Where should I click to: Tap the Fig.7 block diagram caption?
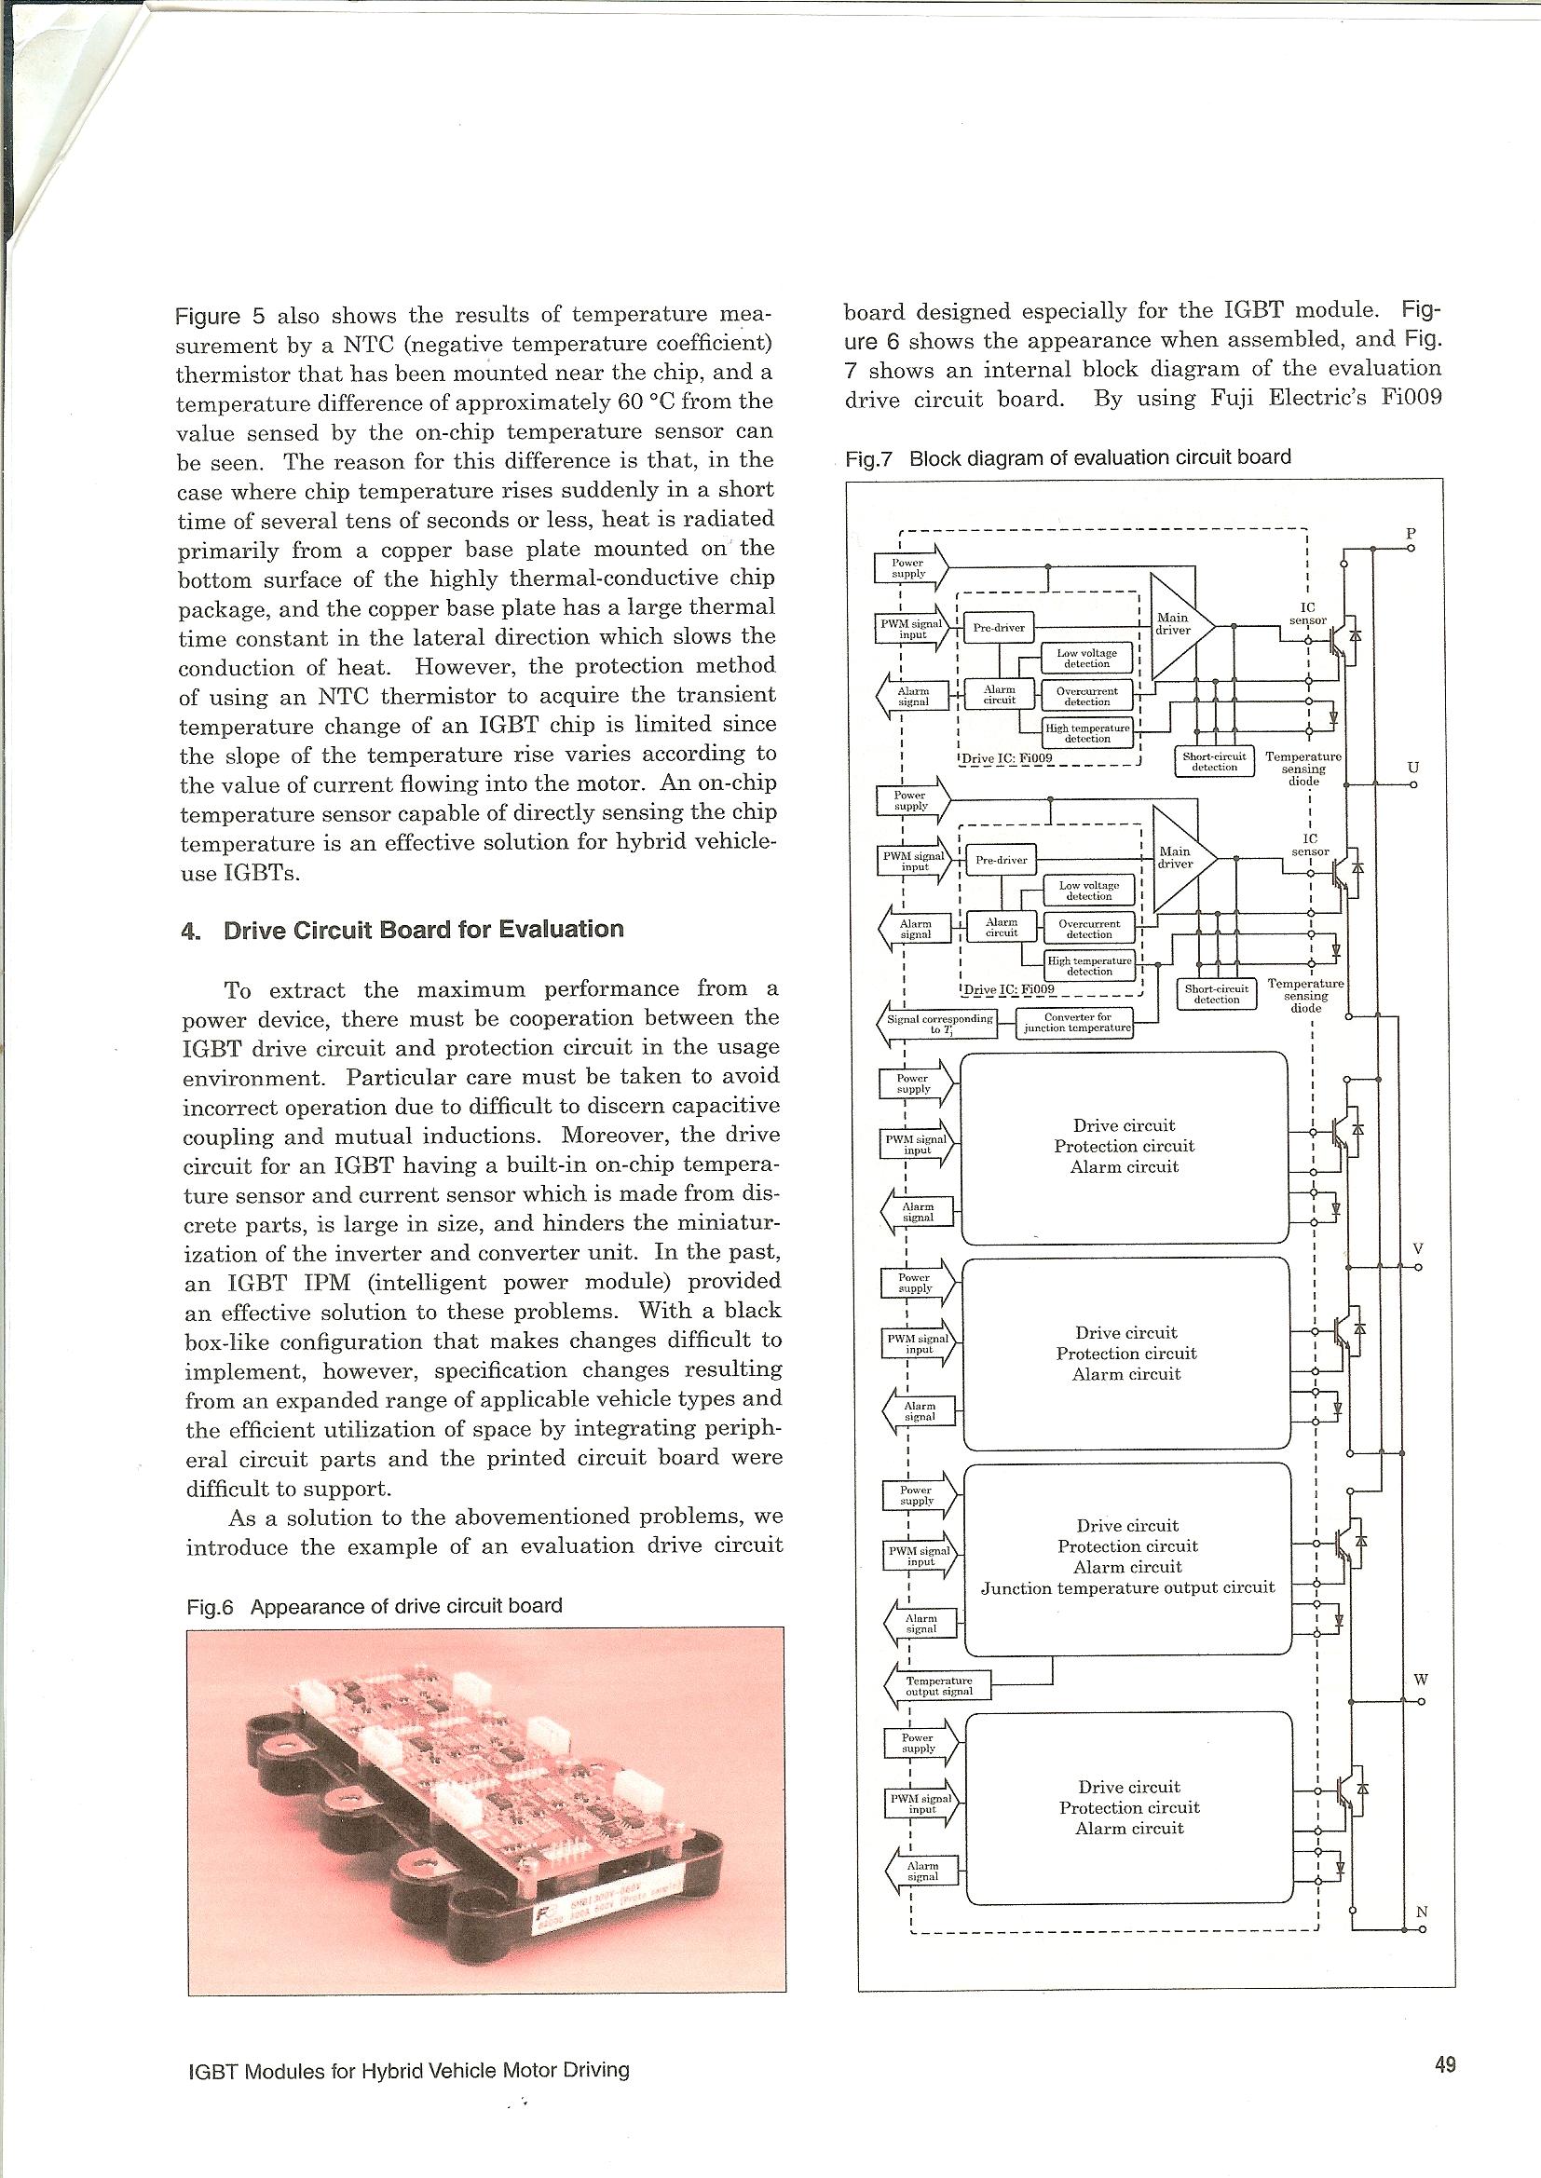pyautogui.click(x=1069, y=457)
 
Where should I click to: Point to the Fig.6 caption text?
pyautogui.click(x=375, y=1606)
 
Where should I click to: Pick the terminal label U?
pyautogui.click(x=1413, y=767)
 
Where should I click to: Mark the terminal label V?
pyautogui.click(x=1418, y=1248)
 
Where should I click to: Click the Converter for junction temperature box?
pyautogui.click(x=1075, y=1023)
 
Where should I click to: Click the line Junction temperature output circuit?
pyautogui.click(x=1127, y=1588)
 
